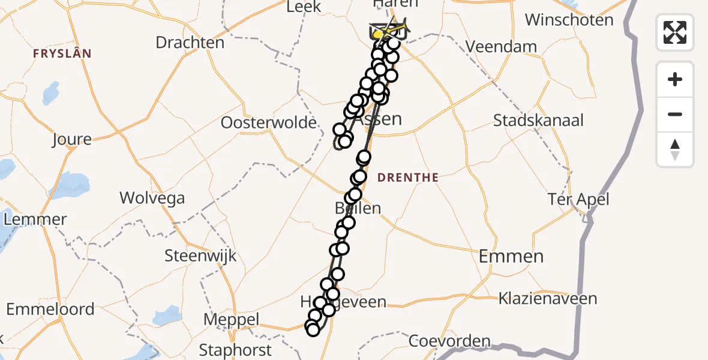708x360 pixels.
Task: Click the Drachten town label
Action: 190,43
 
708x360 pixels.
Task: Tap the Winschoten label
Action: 569,20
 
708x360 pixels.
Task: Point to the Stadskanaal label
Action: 538,120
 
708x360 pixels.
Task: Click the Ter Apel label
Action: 578,199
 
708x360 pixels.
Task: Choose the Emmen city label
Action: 511,257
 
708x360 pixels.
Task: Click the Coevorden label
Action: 449,342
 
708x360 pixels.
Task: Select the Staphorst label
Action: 235,350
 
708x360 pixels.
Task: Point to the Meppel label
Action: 231,320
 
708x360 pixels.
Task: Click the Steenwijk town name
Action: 200,256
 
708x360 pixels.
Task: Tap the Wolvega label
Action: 152,198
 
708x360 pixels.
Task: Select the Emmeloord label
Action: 50,310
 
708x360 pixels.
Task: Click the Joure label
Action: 71,140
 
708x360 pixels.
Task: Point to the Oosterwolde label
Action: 268,123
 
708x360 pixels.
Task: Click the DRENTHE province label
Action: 409,178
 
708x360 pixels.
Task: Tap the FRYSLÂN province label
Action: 62,54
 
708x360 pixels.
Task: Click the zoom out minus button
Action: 675,114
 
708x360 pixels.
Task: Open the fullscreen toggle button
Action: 675,32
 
